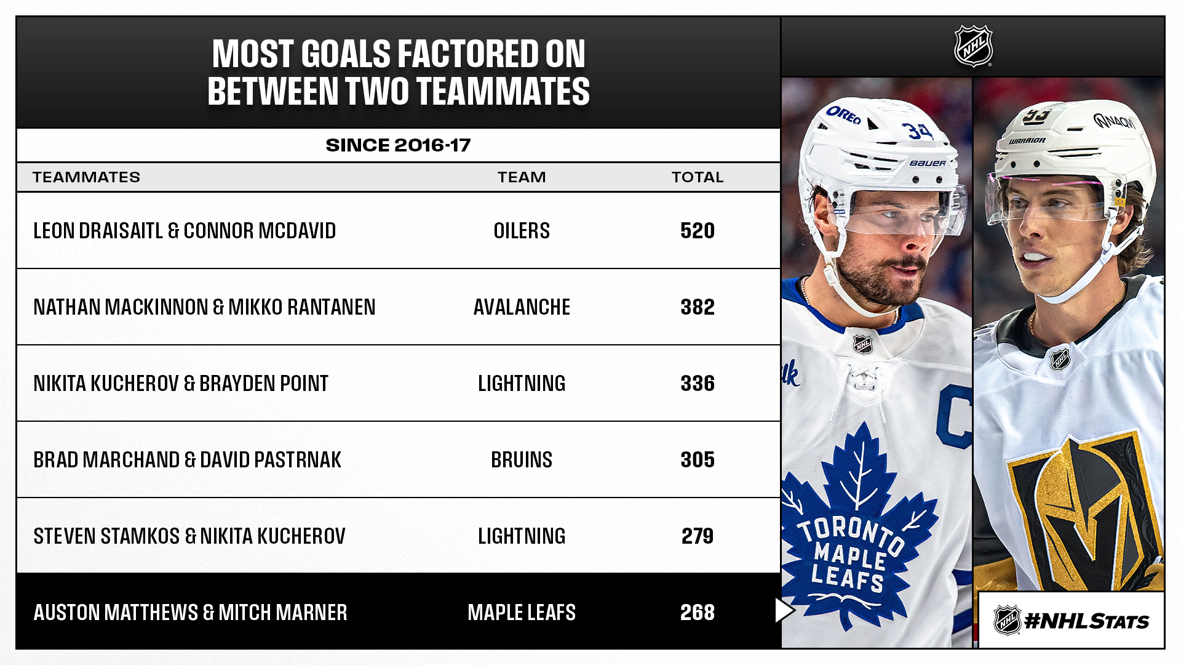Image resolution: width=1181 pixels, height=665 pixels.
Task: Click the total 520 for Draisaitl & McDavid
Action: click(x=697, y=231)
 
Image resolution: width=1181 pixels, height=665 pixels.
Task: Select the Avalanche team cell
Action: click(x=522, y=307)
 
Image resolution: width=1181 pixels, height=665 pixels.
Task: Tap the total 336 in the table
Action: click(x=697, y=384)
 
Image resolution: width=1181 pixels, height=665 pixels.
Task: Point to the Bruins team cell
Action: click(x=522, y=460)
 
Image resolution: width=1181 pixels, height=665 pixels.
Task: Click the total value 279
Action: click(x=697, y=536)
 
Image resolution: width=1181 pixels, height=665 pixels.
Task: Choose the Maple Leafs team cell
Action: click(x=522, y=613)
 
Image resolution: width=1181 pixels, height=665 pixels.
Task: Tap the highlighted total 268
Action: click(x=697, y=613)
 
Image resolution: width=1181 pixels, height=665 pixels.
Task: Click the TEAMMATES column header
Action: click(x=86, y=177)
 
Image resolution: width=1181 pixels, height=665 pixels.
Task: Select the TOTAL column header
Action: click(x=697, y=177)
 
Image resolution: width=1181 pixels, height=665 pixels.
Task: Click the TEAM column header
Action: click(x=522, y=177)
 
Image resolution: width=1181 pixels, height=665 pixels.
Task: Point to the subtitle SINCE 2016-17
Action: click(x=398, y=145)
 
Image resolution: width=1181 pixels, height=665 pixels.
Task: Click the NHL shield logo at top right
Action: click(x=973, y=46)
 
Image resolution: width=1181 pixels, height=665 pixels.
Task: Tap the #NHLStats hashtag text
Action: click(x=1086, y=621)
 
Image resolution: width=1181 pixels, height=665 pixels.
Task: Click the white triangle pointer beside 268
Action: click(x=784, y=610)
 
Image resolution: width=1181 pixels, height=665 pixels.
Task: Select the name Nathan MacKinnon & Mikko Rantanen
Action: click(x=204, y=307)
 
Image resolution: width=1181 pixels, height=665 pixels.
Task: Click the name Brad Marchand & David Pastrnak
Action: click(x=187, y=460)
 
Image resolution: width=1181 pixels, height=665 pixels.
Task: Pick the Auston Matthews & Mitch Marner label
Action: click(x=190, y=613)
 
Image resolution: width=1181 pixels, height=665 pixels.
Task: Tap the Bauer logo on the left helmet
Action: click(x=928, y=163)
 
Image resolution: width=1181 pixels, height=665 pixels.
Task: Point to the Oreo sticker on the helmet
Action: click(x=843, y=115)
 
